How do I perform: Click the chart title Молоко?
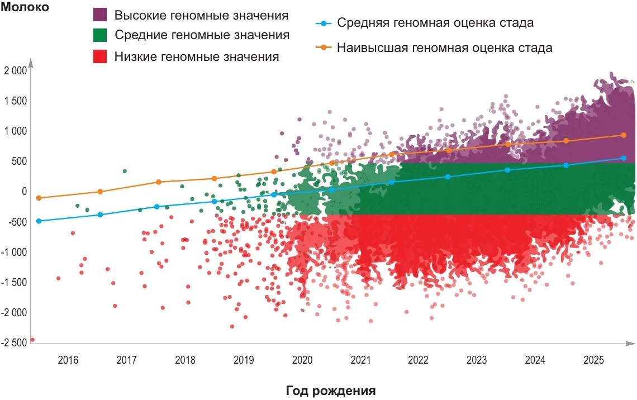click(26, 7)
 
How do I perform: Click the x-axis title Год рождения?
click(331, 390)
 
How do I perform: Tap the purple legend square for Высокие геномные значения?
click(100, 15)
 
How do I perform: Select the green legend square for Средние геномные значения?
click(100, 35)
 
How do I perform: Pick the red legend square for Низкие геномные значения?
click(100, 56)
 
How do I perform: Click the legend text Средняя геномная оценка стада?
click(435, 23)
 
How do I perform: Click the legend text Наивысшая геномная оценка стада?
click(444, 47)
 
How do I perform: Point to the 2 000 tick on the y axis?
click(15, 71)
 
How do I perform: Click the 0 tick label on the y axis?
click(23, 192)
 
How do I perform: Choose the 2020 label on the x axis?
click(302, 360)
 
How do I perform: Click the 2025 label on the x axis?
click(593, 360)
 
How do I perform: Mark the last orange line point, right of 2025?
click(624, 135)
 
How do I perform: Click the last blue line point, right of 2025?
click(624, 158)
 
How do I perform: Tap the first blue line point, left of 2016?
click(39, 221)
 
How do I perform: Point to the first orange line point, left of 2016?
click(39, 198)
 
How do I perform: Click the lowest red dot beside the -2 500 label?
click(32, 340)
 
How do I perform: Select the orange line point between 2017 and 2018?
click(158, 182)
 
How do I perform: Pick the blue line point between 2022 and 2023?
click(448, 177)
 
